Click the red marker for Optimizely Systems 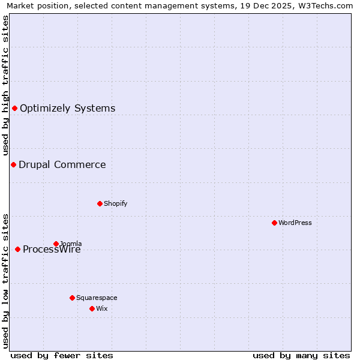tap(14, 108)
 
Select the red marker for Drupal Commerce tap(13, 164)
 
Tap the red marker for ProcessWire tap(17, 249)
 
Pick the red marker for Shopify tap(100, 203)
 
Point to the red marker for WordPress tap(274, 223)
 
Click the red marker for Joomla tap(56, 244)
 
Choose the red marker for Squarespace tap(72, 298)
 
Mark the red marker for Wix tap(92, 308)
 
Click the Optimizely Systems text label tap(67, 109)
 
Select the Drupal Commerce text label tap(62, 165)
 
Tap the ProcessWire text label tap(52, 250)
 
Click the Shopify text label tap(115, 203)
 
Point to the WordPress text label tap(295, 223)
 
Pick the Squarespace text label tap(97, 298)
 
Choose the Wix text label tap(101, 308)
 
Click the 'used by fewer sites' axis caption tap(62, 355)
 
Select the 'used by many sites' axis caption tap(301, 355)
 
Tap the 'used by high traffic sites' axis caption tap(5, 86)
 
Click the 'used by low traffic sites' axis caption tap(5, 281)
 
